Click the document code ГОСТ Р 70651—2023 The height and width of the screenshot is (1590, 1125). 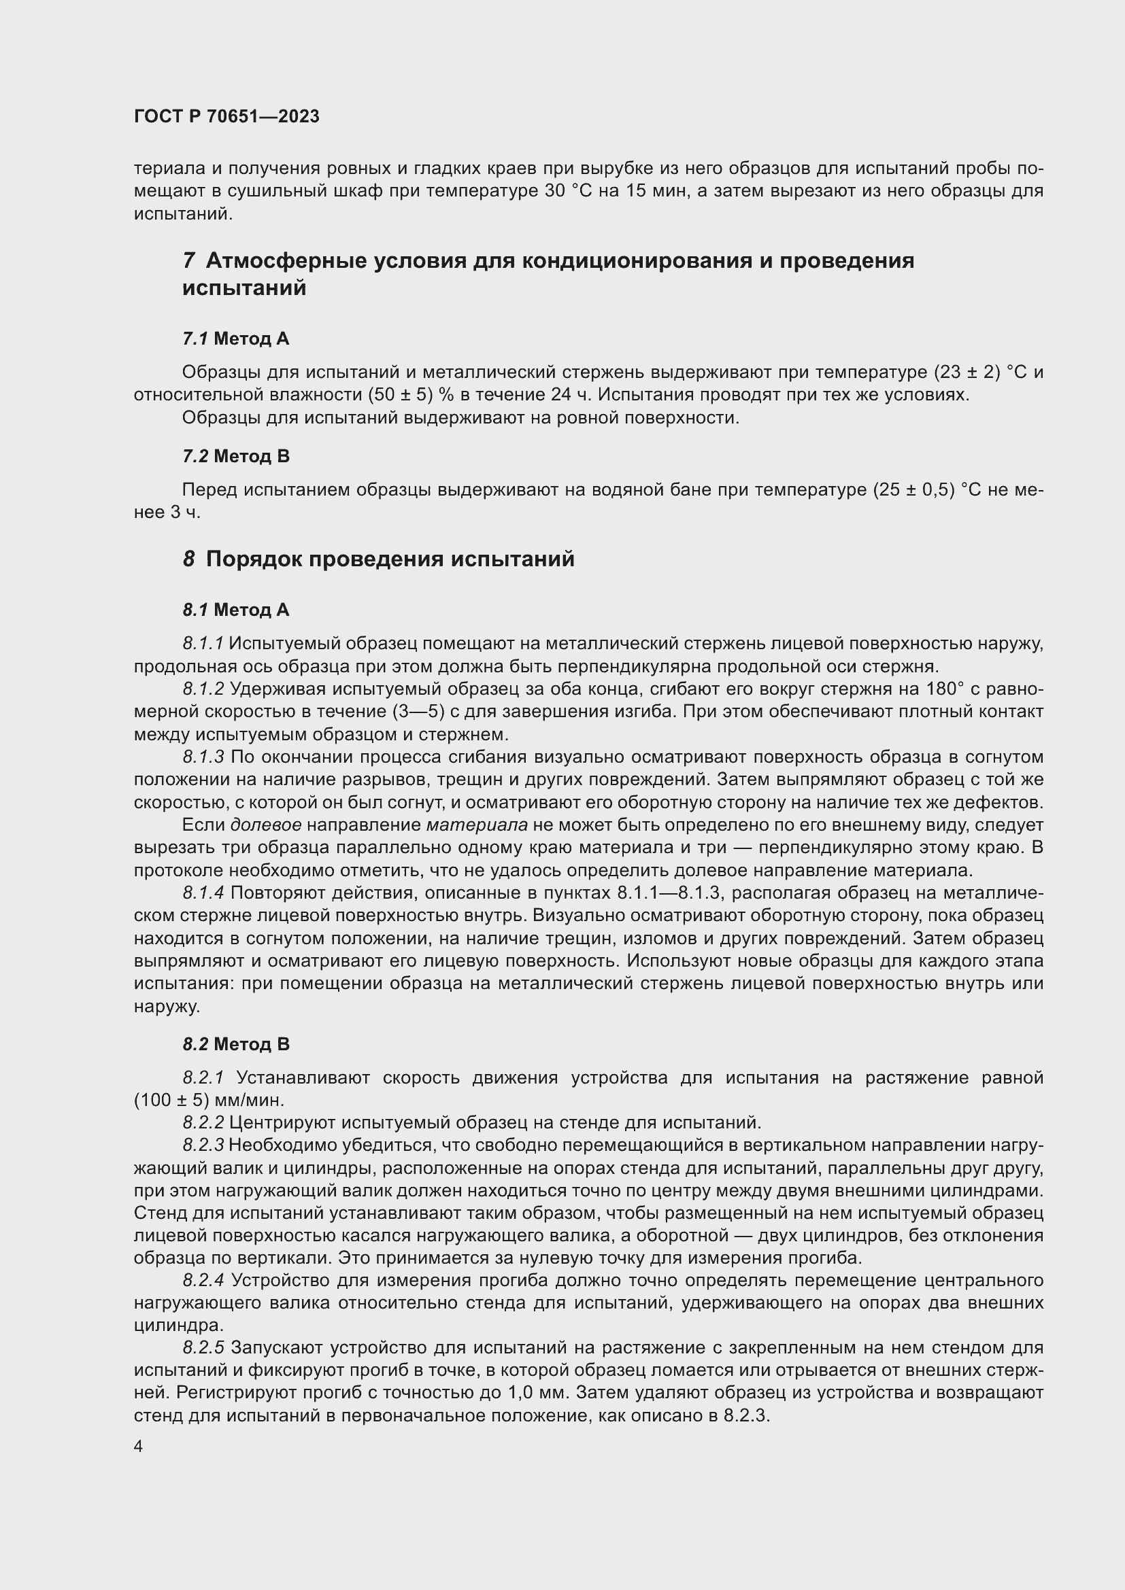click(x=226, y=116)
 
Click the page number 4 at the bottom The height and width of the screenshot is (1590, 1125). click(x=139, y=1447)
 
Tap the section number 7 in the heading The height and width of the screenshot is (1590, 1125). click(x=188, y=261)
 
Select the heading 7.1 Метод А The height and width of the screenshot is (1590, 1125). click(x=235, y=339)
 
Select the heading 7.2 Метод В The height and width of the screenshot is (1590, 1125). click(x=235, y=456)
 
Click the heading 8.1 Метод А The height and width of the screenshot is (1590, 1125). click(x=235, y=610)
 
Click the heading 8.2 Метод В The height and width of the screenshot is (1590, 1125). click(x=235, y=1044)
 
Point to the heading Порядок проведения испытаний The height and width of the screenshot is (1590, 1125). click(x=390, y=559)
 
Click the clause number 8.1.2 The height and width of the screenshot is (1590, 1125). click(x=203, y=689)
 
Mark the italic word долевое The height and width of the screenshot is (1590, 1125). click(x=265, y=825)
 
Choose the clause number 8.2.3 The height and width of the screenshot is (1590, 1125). click(x=203, y=1146)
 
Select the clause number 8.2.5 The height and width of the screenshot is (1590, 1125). click(x=203, y=1347)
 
